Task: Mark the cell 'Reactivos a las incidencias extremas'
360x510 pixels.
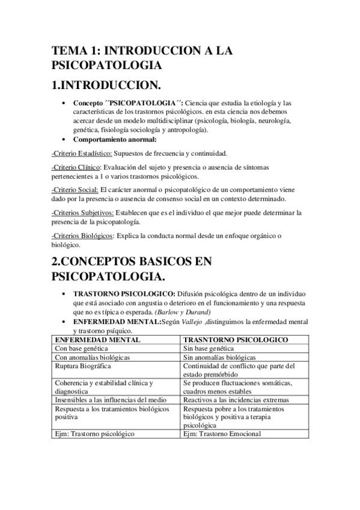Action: coord(236,400)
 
